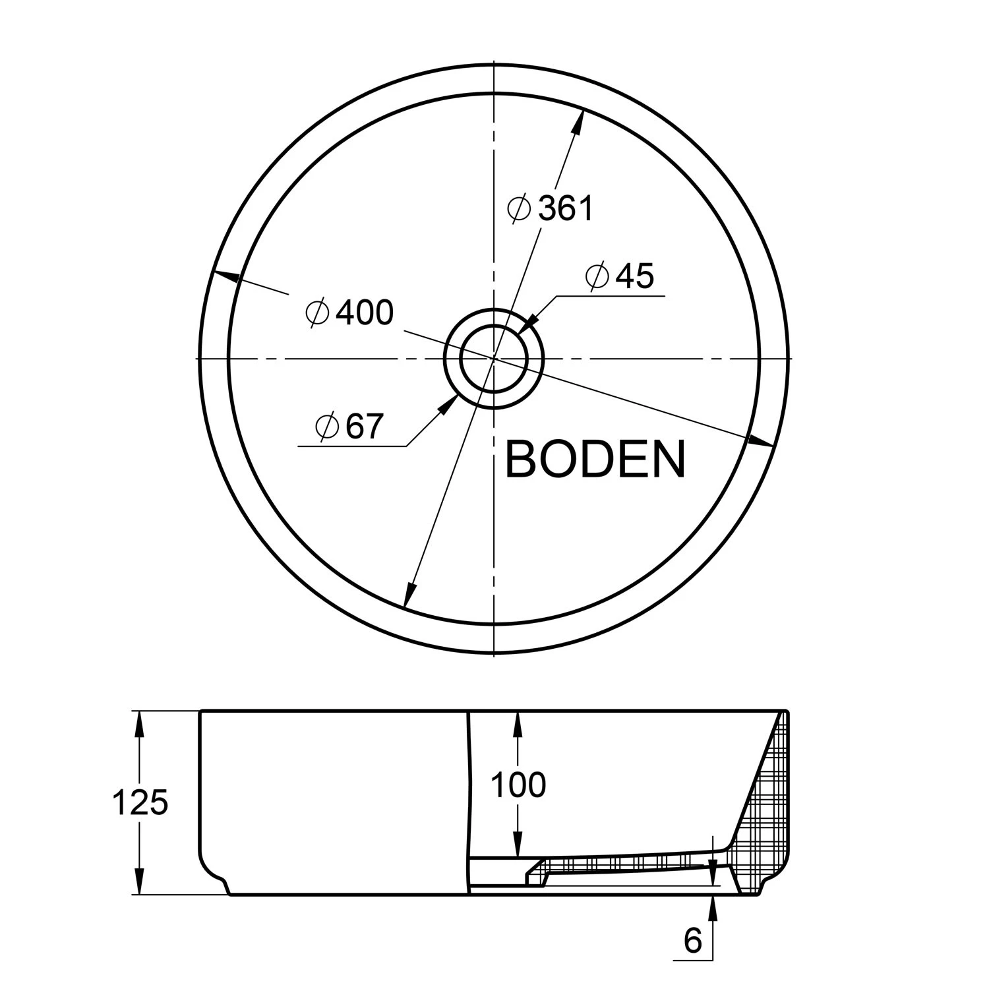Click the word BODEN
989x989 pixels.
[x=595, y=460]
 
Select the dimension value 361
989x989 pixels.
[x=566, y=209]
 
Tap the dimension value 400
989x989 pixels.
[x=365, y=313]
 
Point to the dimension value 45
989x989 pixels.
[x=634, y=276]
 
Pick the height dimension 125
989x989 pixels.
[x=140, y=802]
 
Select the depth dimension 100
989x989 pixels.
[x=519, y=785]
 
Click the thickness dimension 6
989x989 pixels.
[x=693, y=941]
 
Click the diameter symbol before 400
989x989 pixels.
[x=317, y=313]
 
